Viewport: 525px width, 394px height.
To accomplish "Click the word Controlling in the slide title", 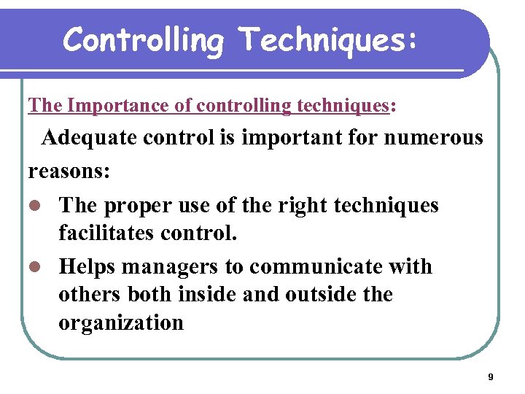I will pyautogui.click(x=142, y=39).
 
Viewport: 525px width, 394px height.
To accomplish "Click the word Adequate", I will pyautogui.click(x=90, y=137).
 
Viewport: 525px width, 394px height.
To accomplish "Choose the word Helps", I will pyautogui.click(x=87, y=267).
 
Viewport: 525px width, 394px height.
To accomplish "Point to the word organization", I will pyautogui.click(x=121, y=322).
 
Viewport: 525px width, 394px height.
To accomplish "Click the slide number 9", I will pyautogui.click(x=490, y=377).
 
